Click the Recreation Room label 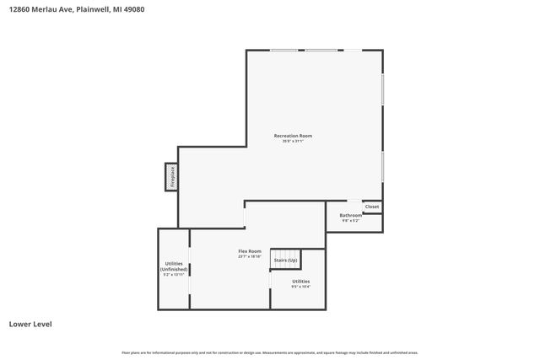point(293,136)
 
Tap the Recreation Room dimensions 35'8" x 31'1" point(293,142)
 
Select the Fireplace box point(171,177)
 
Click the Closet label point(372,207)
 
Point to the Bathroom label point(351,215)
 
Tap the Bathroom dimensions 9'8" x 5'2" point(351,221)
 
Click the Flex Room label point(250,251)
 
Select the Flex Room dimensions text point(250,256)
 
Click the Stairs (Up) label point(285,261)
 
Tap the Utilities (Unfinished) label point(172,266)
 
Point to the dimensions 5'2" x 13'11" point(172,275)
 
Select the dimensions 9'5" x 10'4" point(300,287)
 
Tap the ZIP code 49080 point(137,9)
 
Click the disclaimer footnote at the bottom point(270,352)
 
